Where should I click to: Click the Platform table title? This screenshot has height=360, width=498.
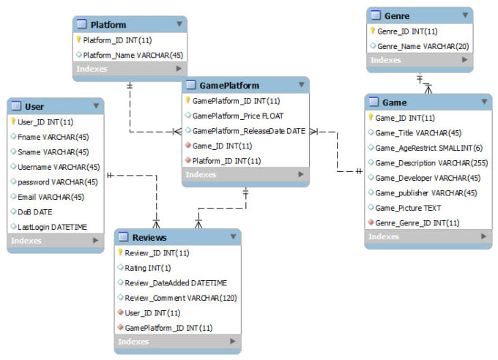point(108,25)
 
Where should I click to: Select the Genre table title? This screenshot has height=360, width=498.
point(396,15)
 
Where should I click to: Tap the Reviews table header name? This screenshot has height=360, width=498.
point(149,237)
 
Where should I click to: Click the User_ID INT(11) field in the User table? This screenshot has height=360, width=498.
point(45,121)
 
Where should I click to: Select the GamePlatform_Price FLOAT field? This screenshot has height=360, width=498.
point(237,116)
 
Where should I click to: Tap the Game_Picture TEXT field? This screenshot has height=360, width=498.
point(408,208)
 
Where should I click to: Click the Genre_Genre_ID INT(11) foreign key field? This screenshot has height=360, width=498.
point(417,222)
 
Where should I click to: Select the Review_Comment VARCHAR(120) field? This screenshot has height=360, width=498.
point(180,297)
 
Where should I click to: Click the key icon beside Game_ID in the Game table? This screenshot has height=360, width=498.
point(371,117)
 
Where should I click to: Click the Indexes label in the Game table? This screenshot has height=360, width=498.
point(384,236)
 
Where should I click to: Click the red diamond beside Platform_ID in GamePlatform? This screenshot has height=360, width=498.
point(188,160)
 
